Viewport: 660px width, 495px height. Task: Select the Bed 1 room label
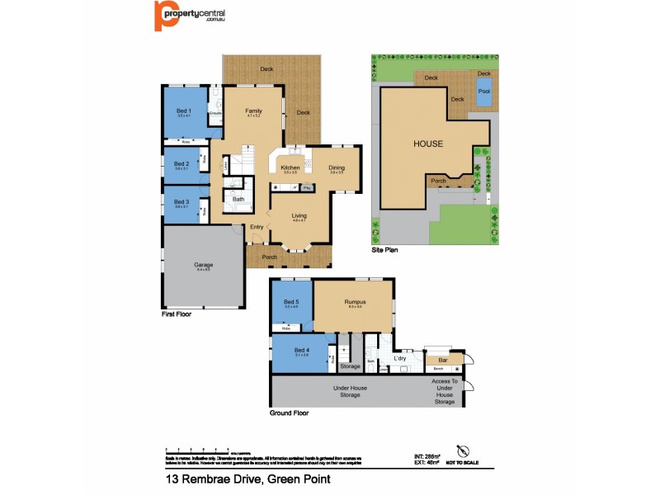[184, 111]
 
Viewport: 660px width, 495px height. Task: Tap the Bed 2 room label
[181, 163]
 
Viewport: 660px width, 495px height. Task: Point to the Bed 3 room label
[181, 201]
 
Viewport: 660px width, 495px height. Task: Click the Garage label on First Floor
[204, 265]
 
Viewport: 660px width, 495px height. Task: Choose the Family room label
[253, 111]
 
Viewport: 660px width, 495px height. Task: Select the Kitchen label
[290, 167]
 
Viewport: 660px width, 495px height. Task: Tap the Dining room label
[337, 167]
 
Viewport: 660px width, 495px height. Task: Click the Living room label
[299, 215]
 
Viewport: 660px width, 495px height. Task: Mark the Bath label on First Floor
[238, 199]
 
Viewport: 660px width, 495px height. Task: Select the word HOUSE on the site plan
[428, 144]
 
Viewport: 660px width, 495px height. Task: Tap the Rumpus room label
[356, 302]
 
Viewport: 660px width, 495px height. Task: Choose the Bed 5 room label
[291, 302]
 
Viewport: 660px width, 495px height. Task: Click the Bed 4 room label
[290, 351]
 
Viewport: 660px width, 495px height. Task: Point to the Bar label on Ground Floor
[442, 360]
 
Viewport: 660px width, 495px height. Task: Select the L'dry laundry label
[400, 358]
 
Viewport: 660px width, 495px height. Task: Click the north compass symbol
[463, 450]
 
